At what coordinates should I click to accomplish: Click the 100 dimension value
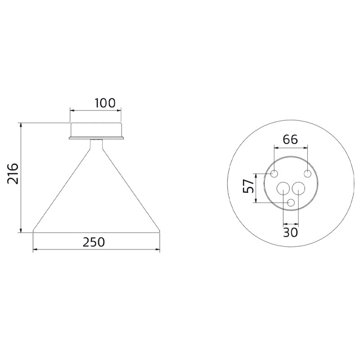click(105, 103)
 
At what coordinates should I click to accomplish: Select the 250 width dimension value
click(94, 242)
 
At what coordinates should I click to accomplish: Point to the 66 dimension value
click(290, 139)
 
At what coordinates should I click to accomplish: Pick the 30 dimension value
click(290, 232)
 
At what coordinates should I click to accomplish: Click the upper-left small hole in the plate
click(274, 174)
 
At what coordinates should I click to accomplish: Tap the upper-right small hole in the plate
click(308, 174)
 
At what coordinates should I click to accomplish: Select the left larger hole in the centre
click(283, 189)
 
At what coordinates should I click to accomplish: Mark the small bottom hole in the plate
click(291, 203)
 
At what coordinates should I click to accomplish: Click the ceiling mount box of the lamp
click(96, 129)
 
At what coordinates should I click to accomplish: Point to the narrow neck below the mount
click(96, 144)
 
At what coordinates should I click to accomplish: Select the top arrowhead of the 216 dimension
click(21, 125)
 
